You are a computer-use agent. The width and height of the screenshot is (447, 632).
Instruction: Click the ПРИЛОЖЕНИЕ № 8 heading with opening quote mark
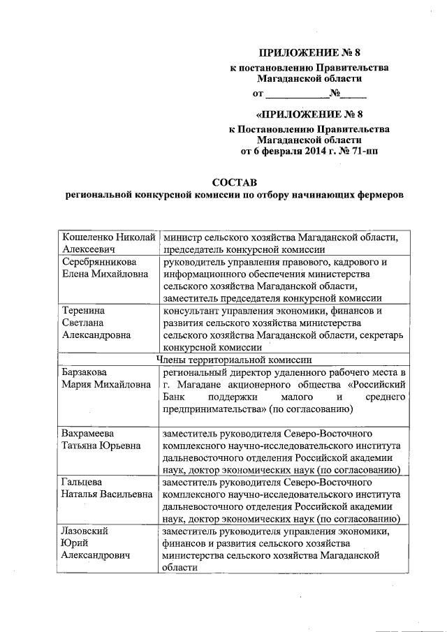click(309, 112)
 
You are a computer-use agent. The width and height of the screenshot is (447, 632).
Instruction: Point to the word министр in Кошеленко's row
click(181, 237)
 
